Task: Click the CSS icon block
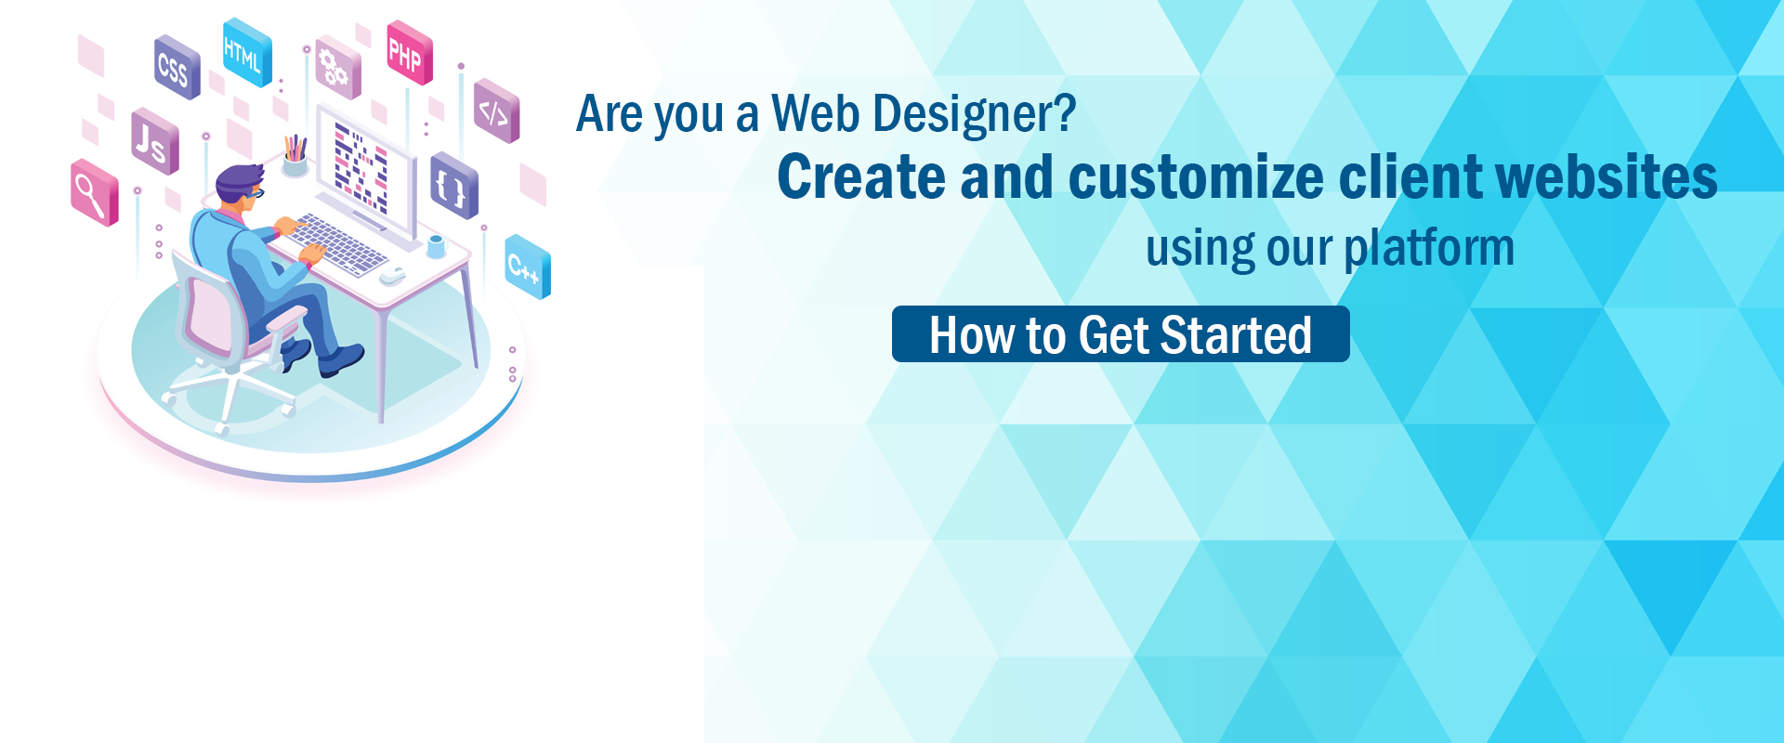click(177, 68)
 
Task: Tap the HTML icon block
click(247, 53)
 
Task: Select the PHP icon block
click(410, 53)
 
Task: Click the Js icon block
click(154, 142)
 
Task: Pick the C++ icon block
click(527, 267)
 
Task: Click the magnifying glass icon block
click(95, 193)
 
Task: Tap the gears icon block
click(337, 68)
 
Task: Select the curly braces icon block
click(454, 186)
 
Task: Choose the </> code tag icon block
click(496, 111)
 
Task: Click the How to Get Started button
click(1121, 334)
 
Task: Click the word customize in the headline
click(1197, 176)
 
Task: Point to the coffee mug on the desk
click(436, 246)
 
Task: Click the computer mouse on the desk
click(393, 275)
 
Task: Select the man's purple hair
click(239, 180)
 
